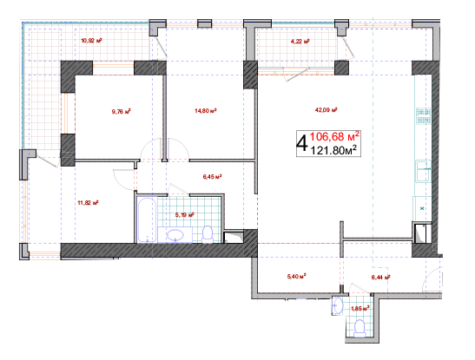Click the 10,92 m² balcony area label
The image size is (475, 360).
[x=91, y=40]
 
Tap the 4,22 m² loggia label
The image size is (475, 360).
[x=300, y=42]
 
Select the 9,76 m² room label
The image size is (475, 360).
[x=122, y=112]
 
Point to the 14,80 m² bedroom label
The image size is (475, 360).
[x=206, y=111]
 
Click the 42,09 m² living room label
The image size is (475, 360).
[x=327, y=110]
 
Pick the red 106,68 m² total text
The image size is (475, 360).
[x=334, y=137]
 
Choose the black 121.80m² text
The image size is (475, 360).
[x=333, y=150]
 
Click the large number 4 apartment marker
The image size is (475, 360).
[x=302, y=144]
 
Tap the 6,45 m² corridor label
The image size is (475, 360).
[x=213, y=176]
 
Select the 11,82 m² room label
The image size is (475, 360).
[x=89, y=203]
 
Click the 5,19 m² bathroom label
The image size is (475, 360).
[x=184, y=215]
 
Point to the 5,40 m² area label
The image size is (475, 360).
[x=296, y=276]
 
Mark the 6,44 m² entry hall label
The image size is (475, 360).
[x=380, y=277]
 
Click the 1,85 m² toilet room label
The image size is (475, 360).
[x=360, y=309]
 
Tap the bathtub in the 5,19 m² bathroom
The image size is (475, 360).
[x=147, y=220]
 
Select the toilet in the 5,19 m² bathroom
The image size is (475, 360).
[x=208, y=234]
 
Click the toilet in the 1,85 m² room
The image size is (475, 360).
[x=360, y=328]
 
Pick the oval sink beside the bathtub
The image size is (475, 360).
[x=175, y=235]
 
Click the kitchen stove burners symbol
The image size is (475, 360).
[x=423, y=116]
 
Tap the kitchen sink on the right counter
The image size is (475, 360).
[x=423, y=171]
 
